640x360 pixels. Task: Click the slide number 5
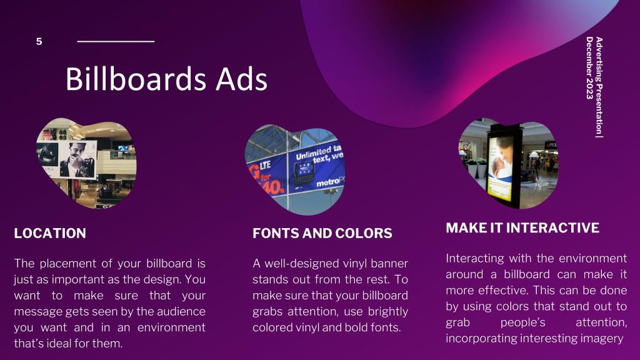39,41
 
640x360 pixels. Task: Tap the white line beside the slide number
116,41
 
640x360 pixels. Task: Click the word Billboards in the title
136,79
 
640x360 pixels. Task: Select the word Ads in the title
242,79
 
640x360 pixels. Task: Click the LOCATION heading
50,233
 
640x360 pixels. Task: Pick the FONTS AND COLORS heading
322,233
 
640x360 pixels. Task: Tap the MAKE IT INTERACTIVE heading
522,227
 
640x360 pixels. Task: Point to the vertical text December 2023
589,67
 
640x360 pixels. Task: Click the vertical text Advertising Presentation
599,85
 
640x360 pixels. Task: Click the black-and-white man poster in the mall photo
77,159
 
